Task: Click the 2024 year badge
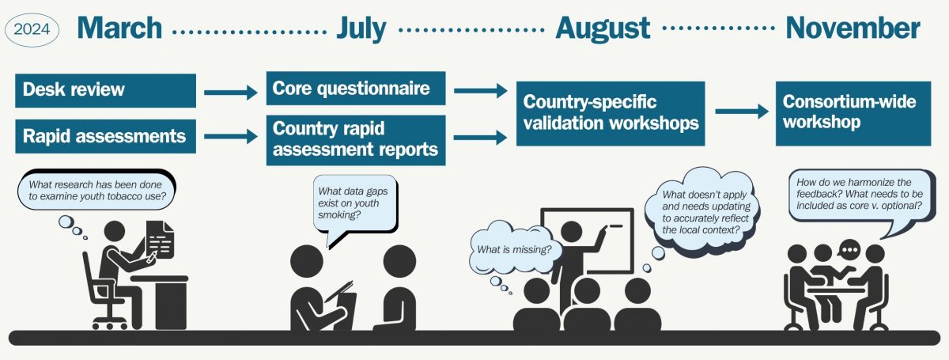click(x=32, y=29)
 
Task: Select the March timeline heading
click(x=120, y=28)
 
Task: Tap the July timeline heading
click(x=361, y=28)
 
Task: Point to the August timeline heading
click(x=603, y=28)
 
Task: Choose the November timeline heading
click(x=853, y=28)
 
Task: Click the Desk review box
click(x=105, y=90)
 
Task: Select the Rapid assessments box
click(x=105, y=136)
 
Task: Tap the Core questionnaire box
click(x=356, y=88)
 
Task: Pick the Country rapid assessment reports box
click(x=356, y=140)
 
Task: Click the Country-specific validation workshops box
click(x=611, y=114)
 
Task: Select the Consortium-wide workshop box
click(x=853, y=114)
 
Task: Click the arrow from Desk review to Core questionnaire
click(x=231, y=92)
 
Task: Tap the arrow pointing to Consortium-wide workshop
click(x=742, y=111)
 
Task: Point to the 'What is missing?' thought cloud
click(x=514, y=248)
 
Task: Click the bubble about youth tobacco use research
click(x=96, y=191)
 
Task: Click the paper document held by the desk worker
click(x=160, y=240)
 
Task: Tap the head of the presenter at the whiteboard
click(x=571, y=232)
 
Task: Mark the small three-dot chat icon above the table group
click(x=849, y=249)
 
